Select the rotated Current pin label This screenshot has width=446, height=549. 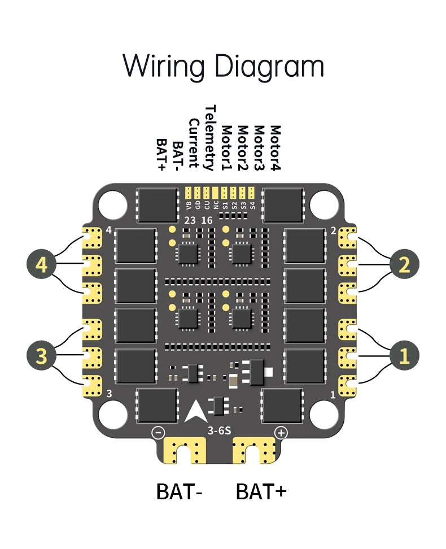(194, 143)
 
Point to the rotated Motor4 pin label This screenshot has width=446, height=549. (276, 147)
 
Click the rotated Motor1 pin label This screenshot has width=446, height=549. (226, 147)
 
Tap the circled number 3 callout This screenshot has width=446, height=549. (42, 355)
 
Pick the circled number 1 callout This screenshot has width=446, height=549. (404, 355)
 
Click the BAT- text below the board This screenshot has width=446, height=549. (179, 491)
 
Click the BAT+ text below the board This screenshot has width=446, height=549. (261, 491)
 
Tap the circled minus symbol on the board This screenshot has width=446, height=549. (159, 433)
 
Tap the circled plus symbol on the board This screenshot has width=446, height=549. (281, 433)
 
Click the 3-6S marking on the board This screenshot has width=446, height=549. (220, 431)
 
